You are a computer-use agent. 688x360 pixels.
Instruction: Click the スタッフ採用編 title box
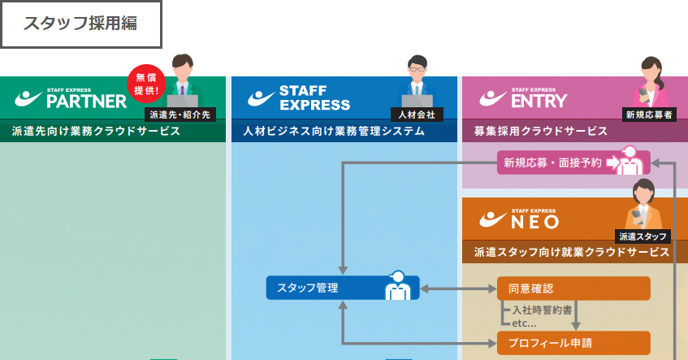[x=80, y=24]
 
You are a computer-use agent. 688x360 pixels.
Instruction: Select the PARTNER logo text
[x=87, y=101]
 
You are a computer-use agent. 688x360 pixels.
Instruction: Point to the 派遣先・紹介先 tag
[x=180, y=115]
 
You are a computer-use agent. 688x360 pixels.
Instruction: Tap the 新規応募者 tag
[x=648, y=115]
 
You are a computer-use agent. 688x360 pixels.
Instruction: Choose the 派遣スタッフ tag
[x=643, y=236]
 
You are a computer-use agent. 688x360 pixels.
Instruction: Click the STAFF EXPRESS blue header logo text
[x=314, y=98]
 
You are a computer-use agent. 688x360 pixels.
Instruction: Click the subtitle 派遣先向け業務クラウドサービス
[x=97, y=131]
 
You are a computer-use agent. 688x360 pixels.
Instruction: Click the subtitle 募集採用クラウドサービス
[x=540, y=131]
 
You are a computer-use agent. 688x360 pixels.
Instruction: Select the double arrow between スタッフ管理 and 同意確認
[x=458, y=288]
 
